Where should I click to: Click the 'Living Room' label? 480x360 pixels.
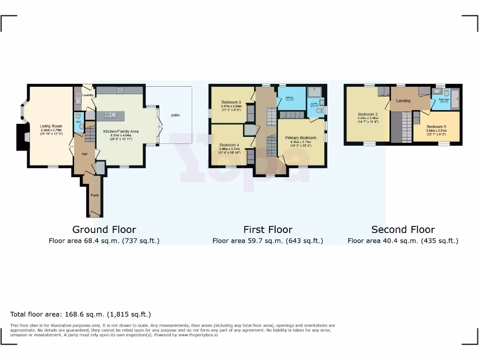coord(51,126)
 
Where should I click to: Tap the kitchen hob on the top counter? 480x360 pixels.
coord(120,91)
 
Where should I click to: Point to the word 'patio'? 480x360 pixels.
coord(175,115)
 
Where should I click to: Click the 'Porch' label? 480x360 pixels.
coord(94,195)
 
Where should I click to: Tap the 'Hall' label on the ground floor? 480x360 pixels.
coord(84,154)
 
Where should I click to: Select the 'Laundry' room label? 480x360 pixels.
coord(88,95)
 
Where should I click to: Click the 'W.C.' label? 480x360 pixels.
coord(79,122)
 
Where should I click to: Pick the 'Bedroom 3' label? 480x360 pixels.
coord(231,102)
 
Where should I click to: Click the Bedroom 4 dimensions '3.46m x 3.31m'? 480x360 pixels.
coord(229,149)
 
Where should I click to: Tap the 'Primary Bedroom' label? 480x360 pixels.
coord(300,138)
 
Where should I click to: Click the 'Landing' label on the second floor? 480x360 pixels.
coord(403,101)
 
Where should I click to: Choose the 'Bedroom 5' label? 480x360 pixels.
coord(436,127)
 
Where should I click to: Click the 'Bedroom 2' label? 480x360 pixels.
coord(368,114)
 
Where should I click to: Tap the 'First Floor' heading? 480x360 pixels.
coord(268,230)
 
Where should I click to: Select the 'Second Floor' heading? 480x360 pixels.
coord(403,230)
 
